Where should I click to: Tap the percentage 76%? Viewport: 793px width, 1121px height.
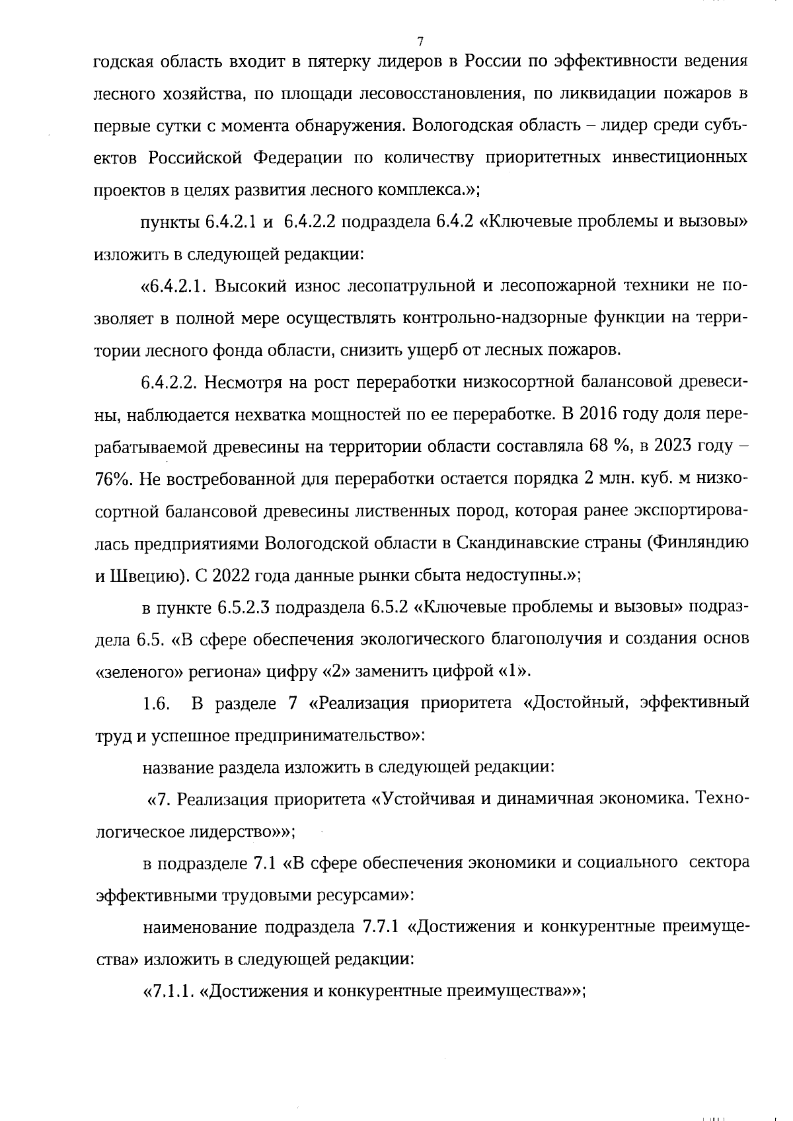point(115,478)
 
